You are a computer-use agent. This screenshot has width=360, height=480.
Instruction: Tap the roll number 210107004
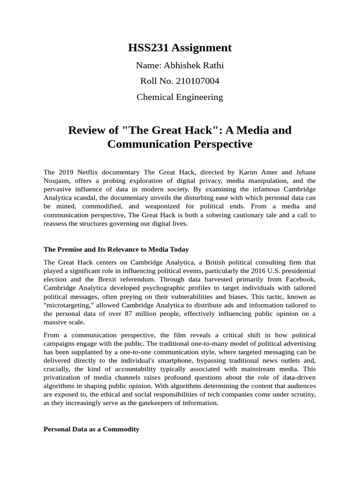[197, 81]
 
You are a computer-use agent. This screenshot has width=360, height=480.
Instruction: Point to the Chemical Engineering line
[180, 97]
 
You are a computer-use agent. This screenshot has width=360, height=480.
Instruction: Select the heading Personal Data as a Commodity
[91, 429]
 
